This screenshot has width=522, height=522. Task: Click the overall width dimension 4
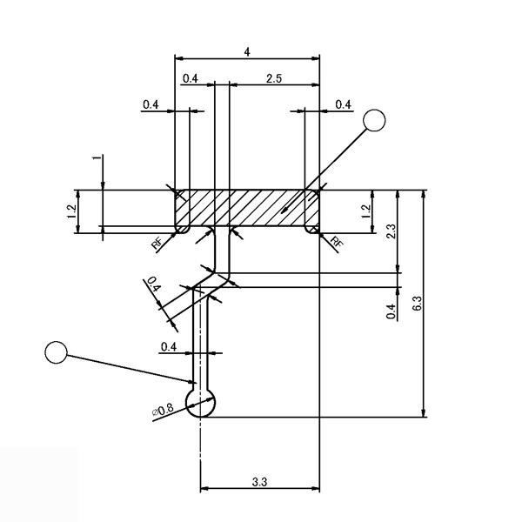click(x=248, y=52)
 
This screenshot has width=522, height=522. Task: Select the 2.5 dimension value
click(x=273, y=78)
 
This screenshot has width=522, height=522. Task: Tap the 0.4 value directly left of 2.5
click(x=191, y=78)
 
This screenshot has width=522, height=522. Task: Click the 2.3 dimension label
click(x=391, y=231)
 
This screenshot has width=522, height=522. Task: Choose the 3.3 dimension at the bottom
click(x=259, y=480)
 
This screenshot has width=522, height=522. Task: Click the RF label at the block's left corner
click(x=157, y=243)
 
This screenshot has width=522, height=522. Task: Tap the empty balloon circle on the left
click(x=57, y=352)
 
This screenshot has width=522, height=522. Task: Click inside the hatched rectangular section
click(x=248, y=209)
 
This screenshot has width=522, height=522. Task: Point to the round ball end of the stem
click(x=201, y=403)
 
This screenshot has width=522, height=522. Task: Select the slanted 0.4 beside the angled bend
click(x=153, y=285)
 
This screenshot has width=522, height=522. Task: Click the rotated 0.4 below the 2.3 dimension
click(x=391, y=311)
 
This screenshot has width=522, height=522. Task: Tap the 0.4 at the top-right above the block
click(x=343, y=104)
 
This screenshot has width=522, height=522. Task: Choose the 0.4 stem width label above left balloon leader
click(x=169, y=346)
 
